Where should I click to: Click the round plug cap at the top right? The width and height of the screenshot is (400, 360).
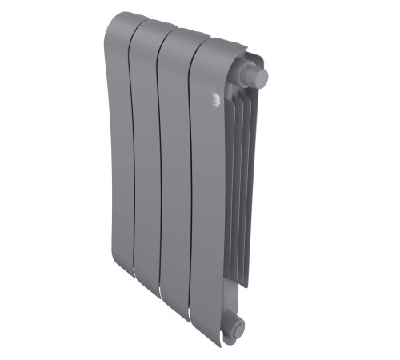(258, 77)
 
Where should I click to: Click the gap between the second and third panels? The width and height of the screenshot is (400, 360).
(159, 160)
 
